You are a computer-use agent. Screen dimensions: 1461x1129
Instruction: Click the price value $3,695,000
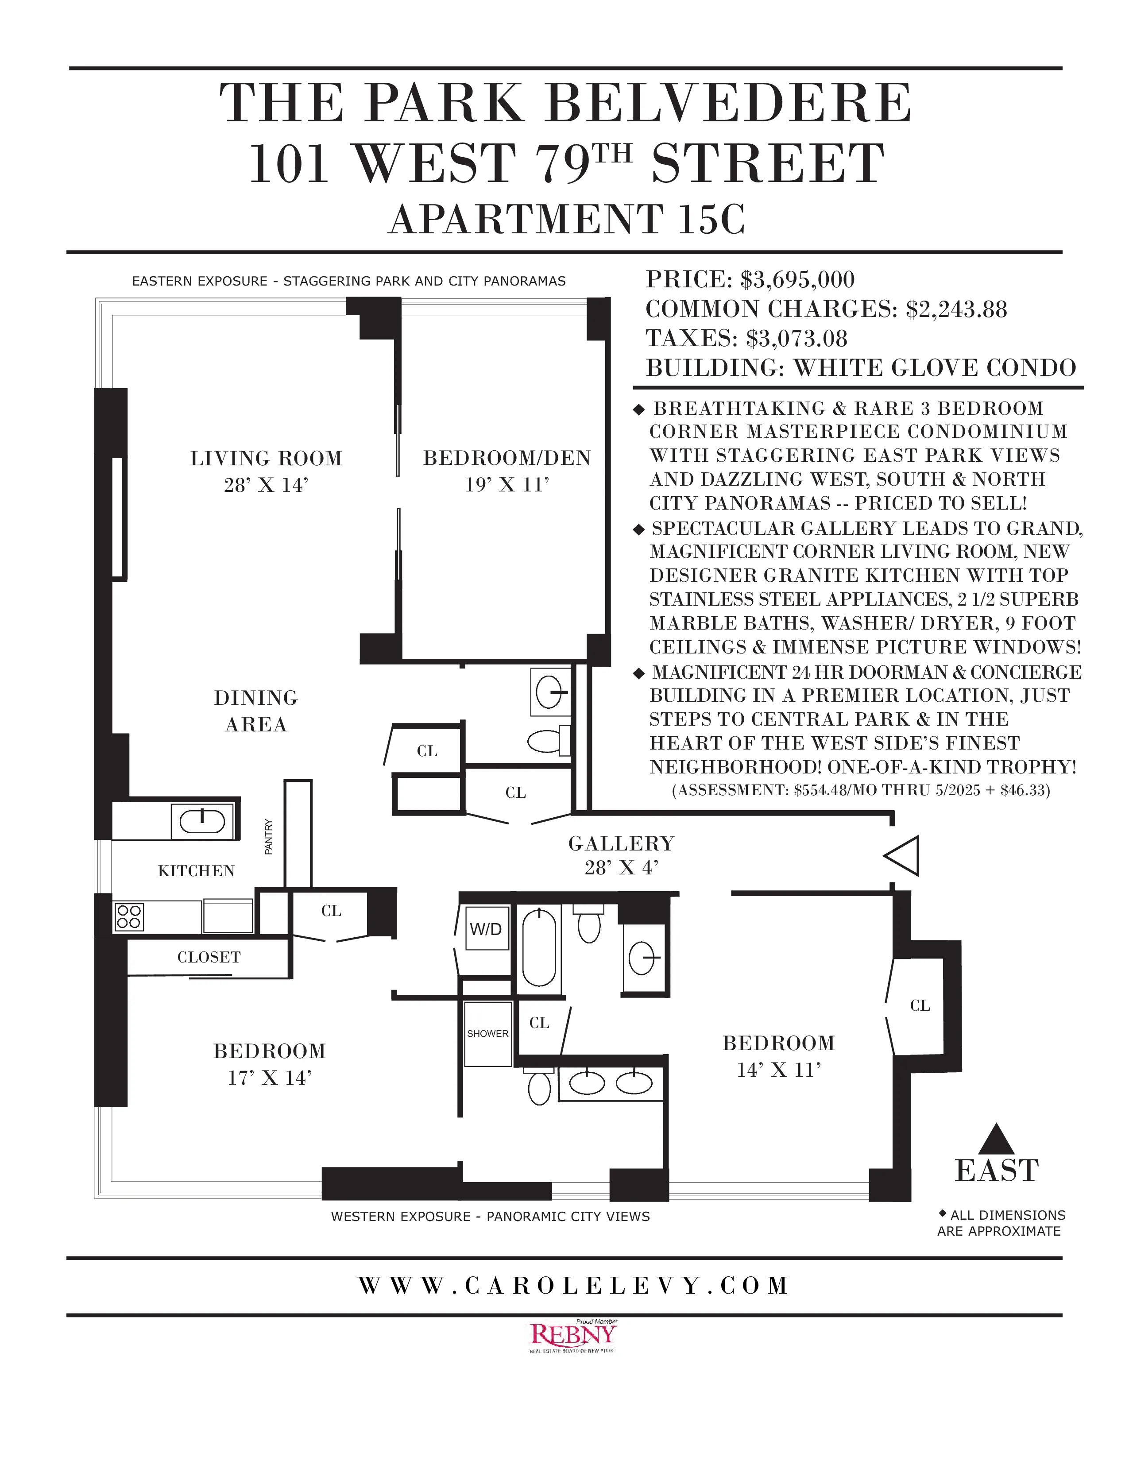[x=797, y=280]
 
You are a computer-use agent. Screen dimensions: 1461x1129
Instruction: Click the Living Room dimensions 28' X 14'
[x=266, y=485]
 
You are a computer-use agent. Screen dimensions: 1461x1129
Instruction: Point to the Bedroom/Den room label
[x=507, y=458]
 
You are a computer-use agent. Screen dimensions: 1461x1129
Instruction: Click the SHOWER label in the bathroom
[x=487, y=1033]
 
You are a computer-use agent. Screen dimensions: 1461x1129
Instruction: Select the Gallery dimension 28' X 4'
[x=621, y=868]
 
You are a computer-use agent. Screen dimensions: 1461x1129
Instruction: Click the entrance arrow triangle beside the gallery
[x=903, y=856]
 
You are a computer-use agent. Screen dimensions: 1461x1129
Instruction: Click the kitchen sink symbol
[x=202, y=821]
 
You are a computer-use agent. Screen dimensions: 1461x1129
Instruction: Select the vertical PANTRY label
[x=269, y=837]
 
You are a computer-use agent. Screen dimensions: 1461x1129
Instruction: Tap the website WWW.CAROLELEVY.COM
[x=573, y=1286]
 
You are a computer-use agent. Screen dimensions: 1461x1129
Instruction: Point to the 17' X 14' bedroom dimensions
[x=270, y=1078]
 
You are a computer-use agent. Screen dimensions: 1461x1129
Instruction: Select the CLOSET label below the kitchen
[x=209, y=957]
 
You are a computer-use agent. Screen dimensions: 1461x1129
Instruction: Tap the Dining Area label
[x=256, y=711]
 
